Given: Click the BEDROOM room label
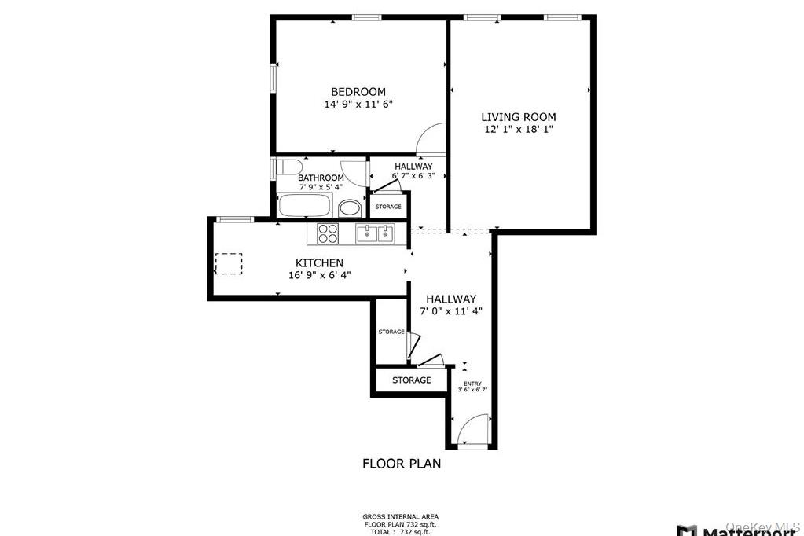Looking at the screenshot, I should point(358,92).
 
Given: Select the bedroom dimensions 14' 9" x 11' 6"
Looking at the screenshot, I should point(358,104).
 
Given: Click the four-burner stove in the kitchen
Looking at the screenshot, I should point(328,233).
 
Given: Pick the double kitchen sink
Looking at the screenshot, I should point(374,233).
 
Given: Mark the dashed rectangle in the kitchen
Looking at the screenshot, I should point(229,263).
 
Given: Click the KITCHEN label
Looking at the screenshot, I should point(318,262).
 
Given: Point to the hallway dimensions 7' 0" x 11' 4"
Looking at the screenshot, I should point(451,310).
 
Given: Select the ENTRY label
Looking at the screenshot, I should point(472,384).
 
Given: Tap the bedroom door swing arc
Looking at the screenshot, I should point(431,139).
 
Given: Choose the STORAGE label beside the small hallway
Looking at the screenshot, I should point(388,207).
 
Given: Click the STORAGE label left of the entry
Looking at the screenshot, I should point(412,380).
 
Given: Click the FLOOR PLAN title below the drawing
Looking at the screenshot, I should point(401,464).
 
